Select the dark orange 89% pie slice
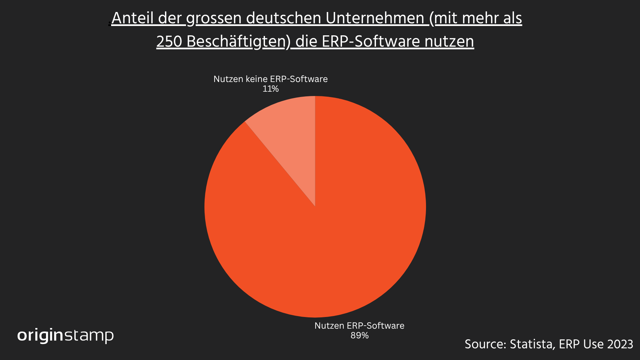point(333,233)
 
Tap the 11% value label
point(270,89)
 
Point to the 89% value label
point(359,336)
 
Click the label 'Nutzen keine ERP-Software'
point(270,79)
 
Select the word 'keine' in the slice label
point(256,79)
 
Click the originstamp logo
point(65,335)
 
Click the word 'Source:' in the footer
point(485,344)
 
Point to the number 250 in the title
point(169,42)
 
